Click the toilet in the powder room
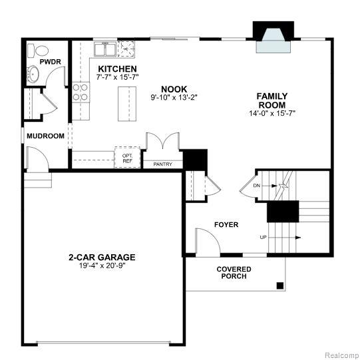[x=38, y=51]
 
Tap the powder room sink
[x=33, y=74]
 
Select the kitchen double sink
[x=104, y=49]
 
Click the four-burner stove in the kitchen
[x=81, y=92]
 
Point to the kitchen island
[x=127, y=104]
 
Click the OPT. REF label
[x=127, y=158]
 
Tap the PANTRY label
[x=163, y=164]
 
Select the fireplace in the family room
[x=273, y=37]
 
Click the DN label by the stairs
[x=256, y=186]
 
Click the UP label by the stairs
[x=263, y=237]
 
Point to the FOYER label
[x=226, y=224]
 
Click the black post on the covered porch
[x=280, y=285]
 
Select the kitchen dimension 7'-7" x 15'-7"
[x=117, y=77]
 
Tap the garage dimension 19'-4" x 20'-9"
[x=102, y=266]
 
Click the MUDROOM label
[x=45, y=136]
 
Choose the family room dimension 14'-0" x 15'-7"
[x=272, y=113]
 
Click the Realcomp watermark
[x=341, y=355]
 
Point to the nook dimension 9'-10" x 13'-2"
[x=174, y=97]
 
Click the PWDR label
[x=51, y=62]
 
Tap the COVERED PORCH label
[x=234, y=273]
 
